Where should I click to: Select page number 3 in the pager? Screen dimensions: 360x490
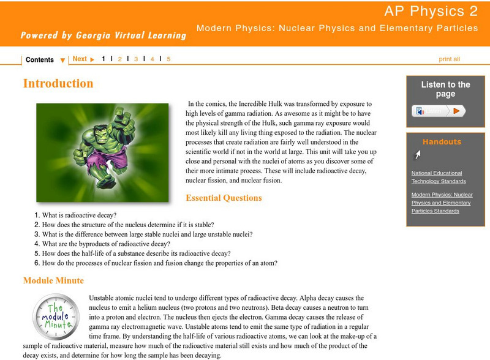point(136,59)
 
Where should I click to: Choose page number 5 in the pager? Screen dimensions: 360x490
point(168,59)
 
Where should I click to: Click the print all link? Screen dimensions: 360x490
point(449,59)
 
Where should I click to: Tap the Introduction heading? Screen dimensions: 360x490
point(58,83)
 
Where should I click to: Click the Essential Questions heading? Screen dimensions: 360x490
point(224,198)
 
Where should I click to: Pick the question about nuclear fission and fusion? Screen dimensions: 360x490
point(160,263)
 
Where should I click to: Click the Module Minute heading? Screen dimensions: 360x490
point(53,280)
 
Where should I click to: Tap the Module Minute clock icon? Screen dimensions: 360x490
point(55,317)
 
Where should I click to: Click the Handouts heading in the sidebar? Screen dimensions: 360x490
point(442,142)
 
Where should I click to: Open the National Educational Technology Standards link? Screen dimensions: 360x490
point(439,177)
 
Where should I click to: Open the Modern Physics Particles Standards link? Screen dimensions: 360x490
point(442,203)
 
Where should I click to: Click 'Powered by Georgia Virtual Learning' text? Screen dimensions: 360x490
point(103,35)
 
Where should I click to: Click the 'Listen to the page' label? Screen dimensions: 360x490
point(445,89)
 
